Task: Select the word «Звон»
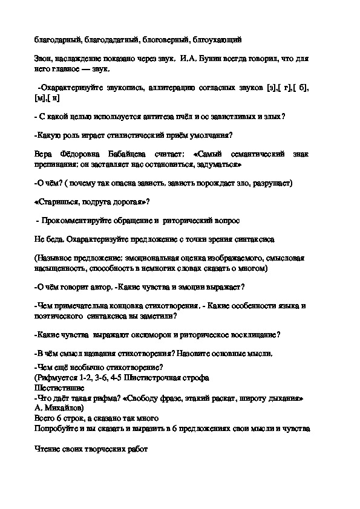tap(44, 59)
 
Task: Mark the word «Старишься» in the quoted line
tap(60, 201)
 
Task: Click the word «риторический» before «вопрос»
tap(192, 220)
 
